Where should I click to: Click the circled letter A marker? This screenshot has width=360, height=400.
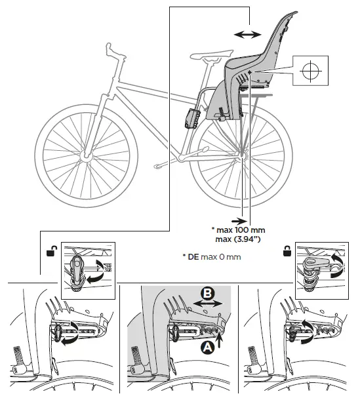pos(207,348)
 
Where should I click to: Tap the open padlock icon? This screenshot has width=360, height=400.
pos(50,250)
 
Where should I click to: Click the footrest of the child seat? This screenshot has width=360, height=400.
pos(193,119)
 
